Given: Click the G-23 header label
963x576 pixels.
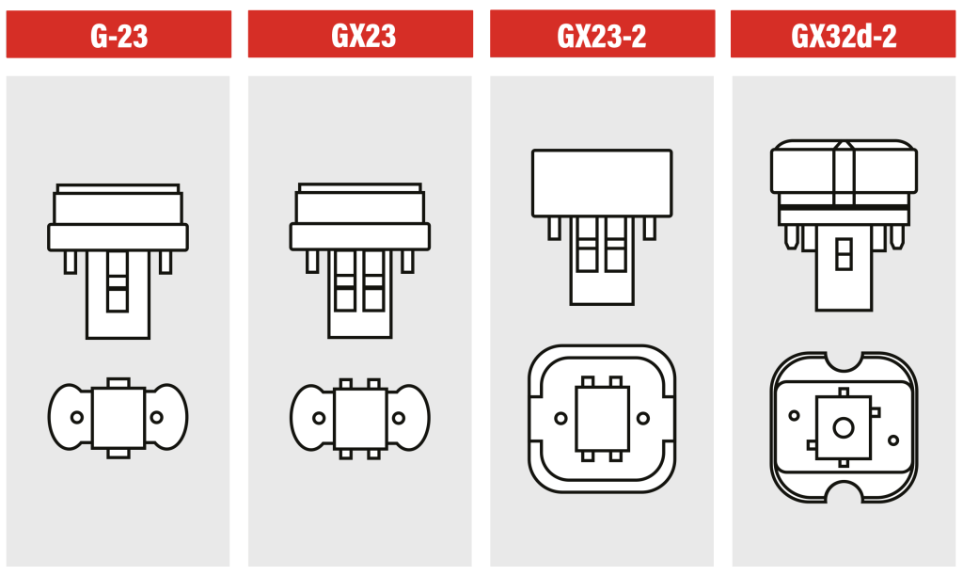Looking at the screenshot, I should point(118,36).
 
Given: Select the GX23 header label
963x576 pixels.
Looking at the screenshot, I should point(360,36).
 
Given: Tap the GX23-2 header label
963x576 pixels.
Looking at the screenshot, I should point(602,36).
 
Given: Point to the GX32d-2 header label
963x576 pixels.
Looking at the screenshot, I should point(844,36).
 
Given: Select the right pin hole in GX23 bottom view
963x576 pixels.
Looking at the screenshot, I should point(399,417).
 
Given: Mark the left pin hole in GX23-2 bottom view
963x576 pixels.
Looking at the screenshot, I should point(561,417).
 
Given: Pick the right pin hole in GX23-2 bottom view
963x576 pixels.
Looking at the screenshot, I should point(643,417).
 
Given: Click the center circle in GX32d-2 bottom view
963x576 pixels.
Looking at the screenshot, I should point(844,427).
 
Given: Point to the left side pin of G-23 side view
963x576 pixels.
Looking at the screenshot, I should point(71,262).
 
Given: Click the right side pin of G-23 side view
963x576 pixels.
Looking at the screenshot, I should point(166,262).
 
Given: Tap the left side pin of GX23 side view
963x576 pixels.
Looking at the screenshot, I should point(312,262).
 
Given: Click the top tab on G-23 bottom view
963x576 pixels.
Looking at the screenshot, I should point(118,382).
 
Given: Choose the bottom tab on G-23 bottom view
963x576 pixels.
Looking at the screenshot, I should point(118,453).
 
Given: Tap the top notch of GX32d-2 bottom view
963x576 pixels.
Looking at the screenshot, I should point(844,360).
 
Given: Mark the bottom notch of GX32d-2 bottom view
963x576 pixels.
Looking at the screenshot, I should point(844,495).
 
